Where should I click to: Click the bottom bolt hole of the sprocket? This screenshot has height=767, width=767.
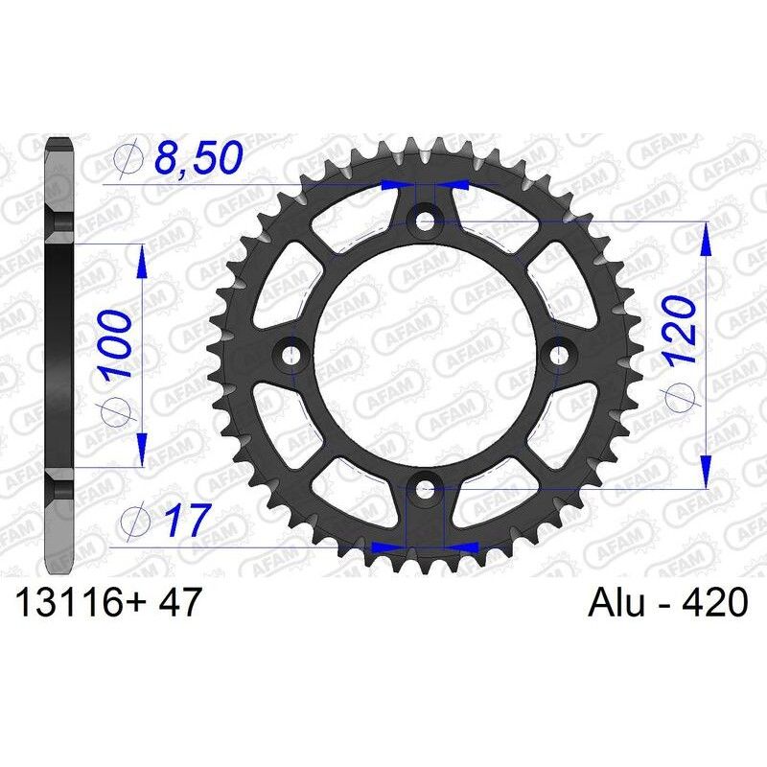(x=424, y=491)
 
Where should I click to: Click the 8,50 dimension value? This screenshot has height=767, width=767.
(x=197, y=160)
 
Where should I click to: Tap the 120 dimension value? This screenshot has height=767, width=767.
(x=679, y=332)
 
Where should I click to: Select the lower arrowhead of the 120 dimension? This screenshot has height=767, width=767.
(x=707, y=474)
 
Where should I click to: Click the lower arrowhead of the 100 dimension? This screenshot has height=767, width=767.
(x=142, y=452)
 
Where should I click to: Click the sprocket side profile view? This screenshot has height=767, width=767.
(x=58, y=356)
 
